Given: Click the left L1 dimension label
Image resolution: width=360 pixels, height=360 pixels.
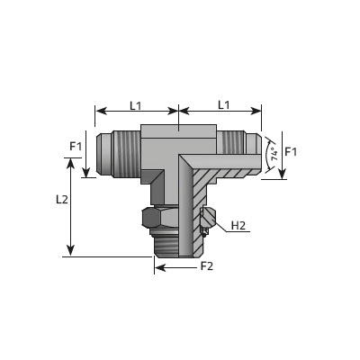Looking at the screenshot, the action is (x=135, y=105).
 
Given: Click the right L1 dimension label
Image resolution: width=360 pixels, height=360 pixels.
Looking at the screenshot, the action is (x=223, y=105).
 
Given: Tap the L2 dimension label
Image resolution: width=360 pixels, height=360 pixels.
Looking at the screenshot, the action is (x=62, y=200).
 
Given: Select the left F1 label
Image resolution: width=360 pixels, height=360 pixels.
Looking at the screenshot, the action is (x=76, y=147).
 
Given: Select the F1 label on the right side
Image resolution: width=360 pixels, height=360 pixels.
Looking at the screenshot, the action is (x=291, y=152).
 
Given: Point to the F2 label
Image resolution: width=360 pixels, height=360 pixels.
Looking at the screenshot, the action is (x=207, y=265).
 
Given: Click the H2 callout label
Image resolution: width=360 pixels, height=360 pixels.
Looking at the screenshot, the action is (x=238, y=226).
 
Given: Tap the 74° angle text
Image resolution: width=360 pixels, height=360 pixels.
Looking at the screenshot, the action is (x=274, y=153).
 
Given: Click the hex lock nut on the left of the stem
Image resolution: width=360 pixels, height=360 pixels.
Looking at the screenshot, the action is (x=160, y=218).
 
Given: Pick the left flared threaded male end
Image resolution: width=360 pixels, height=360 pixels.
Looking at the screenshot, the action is (x=119, y=154).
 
